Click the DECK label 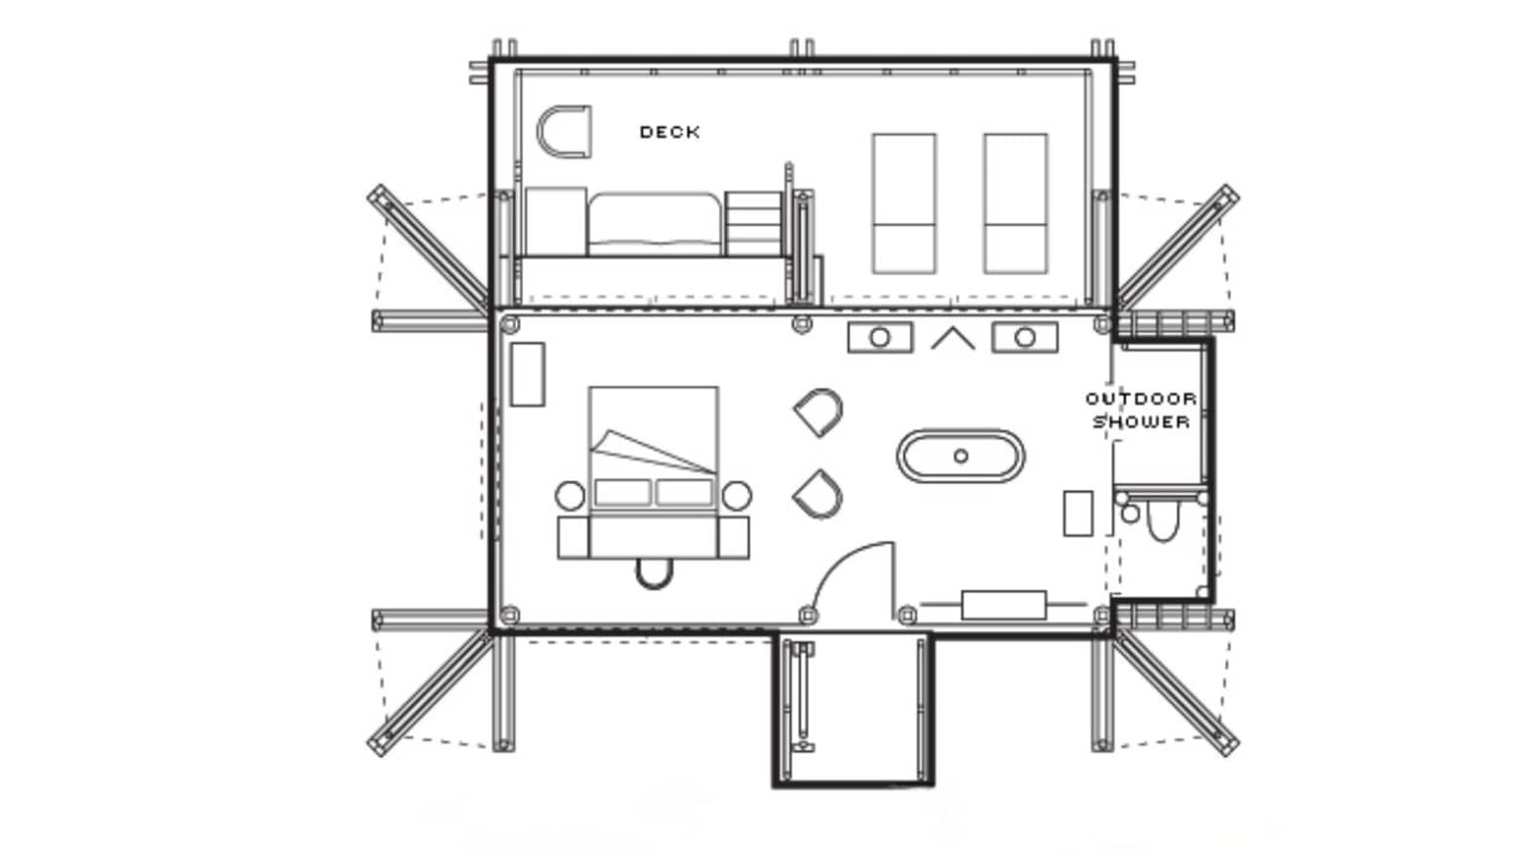click(670, 132)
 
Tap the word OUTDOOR click(1141, 398)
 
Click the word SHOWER click(1141, 422)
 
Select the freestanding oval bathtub click(960, 456)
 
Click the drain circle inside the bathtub click(960, 456)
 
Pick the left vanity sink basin click(880, 337)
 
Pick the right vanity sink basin click(1025, 337)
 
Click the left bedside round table click(569, 496)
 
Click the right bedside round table click(736, 496)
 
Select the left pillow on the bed click(623, 492)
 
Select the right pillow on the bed click(685, 492)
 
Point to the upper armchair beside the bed click(820, 413)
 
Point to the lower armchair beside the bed click(819, 494)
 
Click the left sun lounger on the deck click(904, 204)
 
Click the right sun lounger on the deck click(1015, 204)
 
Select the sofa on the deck click(654, 224)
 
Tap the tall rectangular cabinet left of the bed click(527, 375)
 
